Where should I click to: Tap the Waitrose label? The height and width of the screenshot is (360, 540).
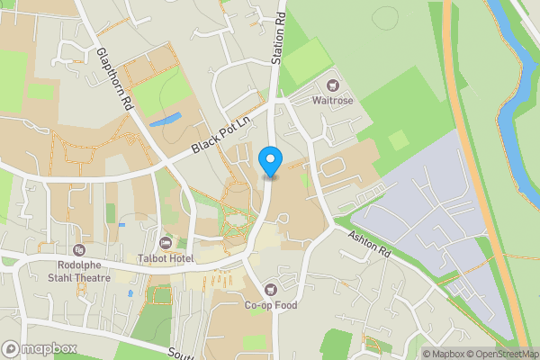point(332,100)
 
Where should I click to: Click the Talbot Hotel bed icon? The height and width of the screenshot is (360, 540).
point(166,243)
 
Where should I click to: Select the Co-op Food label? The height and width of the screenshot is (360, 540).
point(271,304)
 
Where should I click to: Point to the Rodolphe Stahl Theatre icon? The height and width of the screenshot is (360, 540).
point(79,249)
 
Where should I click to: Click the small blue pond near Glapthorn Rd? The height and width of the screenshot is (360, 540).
point(164,120)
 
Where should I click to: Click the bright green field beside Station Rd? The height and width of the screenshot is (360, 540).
point(306,59)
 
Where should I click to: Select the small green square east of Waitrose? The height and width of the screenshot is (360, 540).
point(397,139)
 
